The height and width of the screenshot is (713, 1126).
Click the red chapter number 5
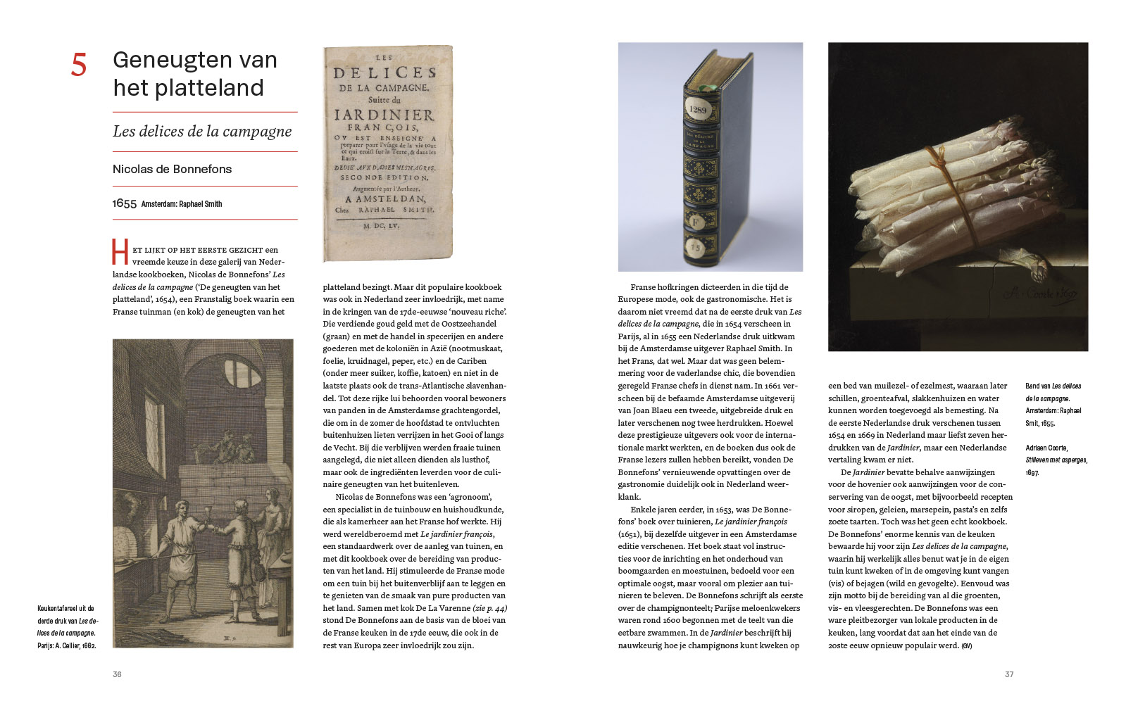(79, 65)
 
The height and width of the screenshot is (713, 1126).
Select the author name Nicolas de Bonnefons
(172, 169)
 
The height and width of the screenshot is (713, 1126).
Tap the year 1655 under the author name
(124, 203)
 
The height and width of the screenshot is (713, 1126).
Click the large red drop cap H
(120, 252)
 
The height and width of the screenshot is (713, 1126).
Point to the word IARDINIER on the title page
(384, 115)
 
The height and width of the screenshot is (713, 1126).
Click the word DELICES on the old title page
(384, 72)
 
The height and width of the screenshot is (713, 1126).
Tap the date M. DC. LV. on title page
(381, 226)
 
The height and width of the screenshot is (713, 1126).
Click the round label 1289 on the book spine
(697, 110)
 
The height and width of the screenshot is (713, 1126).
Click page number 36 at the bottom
(117, 674)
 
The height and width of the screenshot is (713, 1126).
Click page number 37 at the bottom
(1008, 674)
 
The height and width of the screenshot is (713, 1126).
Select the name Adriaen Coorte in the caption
(1046, 448)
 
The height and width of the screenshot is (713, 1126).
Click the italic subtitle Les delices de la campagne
(202, 132)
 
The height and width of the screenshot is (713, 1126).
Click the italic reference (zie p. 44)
(490, 608)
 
